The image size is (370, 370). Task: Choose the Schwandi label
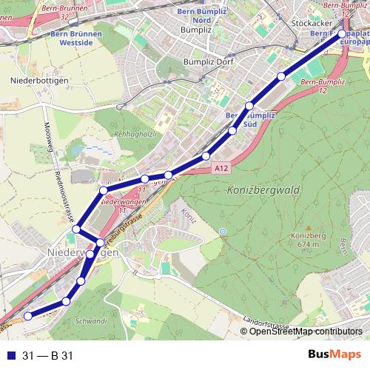(91, 321)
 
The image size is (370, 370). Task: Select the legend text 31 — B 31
(48, 356)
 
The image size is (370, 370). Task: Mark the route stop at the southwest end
(28, 316)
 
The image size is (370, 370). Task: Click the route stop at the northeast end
(342, 33)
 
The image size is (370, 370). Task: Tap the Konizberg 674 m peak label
(304, 240)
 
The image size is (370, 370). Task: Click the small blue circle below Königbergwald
(223, 232)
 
